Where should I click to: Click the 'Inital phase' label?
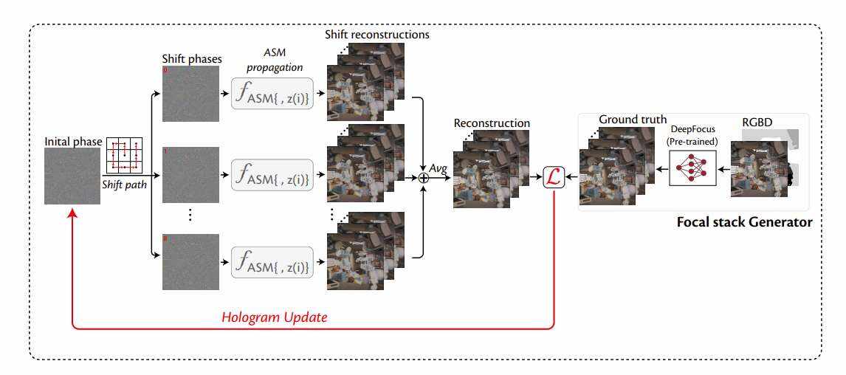(72, 141)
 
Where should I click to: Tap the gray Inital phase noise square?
(72, 176)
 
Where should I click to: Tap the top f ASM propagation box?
(272, 94)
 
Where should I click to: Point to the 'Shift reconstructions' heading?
(376, 35)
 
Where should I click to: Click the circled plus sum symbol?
(424, 177)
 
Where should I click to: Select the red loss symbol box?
(554, 178)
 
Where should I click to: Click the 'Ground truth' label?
(633, 119)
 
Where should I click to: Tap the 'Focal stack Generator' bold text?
(745, 221)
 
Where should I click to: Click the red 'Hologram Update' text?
(275, 317)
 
